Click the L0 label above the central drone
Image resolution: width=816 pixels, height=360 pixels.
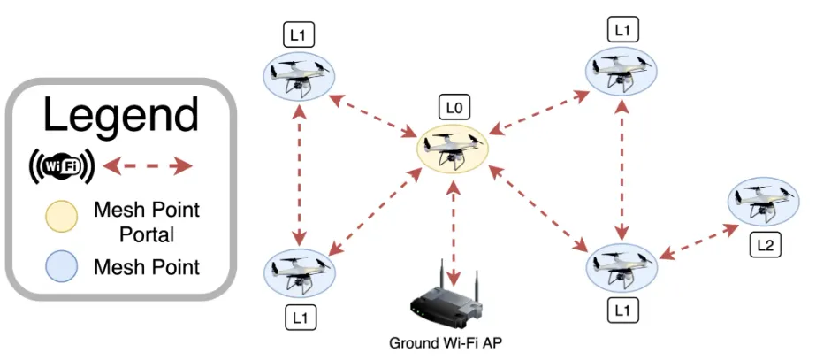[454, 109]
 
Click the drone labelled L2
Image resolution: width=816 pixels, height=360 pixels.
[763, 203]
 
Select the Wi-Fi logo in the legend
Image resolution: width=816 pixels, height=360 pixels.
[62, 165]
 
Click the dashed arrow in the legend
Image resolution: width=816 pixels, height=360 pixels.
[148, 165]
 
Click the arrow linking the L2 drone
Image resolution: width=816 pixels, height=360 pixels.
[698, 241]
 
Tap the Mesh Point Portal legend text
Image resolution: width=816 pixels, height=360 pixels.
[147, 222]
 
